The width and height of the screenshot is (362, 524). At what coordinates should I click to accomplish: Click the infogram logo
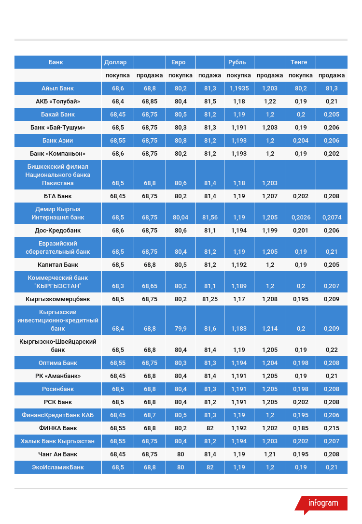[x=322, y=503]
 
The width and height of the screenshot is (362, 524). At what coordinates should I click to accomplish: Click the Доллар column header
[x=115, y=62]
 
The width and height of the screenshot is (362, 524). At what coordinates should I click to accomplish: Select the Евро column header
[x=175, y=62]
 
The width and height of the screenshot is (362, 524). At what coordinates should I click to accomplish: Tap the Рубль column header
[x=237, y=62]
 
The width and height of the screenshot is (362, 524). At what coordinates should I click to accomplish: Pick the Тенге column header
[x=299, y=62]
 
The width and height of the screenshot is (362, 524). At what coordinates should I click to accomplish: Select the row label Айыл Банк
[x=57, y=88]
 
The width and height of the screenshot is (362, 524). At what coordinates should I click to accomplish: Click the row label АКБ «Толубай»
[x=57, y=102]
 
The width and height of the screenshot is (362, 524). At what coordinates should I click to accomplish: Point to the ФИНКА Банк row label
[x=57, y=428]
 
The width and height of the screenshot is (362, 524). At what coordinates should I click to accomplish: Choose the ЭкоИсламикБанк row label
[x=57, y=467]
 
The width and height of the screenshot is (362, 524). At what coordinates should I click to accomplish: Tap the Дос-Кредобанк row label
[x=57, y=231]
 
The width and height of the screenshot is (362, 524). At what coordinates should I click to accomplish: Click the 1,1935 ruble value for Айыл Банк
[x=239, y=88]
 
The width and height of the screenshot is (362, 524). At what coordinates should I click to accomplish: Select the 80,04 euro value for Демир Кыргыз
[x=181, y=218]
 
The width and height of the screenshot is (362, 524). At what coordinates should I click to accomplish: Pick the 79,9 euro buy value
[x=181, y=329]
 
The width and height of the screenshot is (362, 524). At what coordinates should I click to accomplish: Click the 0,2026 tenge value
[x=301, y=218]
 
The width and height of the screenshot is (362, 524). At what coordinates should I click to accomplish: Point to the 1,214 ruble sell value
[x=270, y=329]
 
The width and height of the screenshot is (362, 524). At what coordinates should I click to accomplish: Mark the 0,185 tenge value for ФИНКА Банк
[x=301, y=428]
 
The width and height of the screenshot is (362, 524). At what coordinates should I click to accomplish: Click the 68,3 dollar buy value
[x=118, y=286]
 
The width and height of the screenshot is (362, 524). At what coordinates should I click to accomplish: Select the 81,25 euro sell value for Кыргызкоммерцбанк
[x=210, y=299]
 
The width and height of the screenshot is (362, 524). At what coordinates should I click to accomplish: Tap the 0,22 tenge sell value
[x=332, y=349]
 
